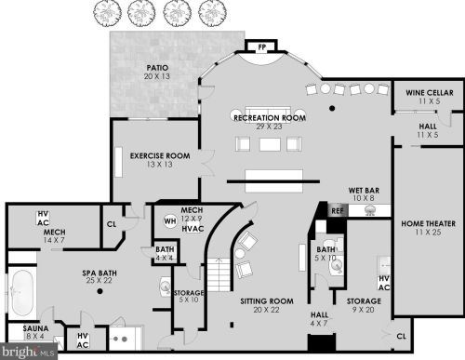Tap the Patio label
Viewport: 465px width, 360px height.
click(x=159, y=73)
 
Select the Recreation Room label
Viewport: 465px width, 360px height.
click(x=270, y=120)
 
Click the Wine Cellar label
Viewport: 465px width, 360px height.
click(x=428, y=94)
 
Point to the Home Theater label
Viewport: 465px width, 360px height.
click(x=427, y=227)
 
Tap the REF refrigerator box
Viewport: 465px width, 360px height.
click(x=337, y=210)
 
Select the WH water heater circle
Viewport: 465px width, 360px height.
click(x=170, y=220)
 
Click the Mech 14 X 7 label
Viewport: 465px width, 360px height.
click(x=54, y=236)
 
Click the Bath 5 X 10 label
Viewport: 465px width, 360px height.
click(x=325, y=254)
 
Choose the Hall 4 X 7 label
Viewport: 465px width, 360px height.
click(x=319, y=319)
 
